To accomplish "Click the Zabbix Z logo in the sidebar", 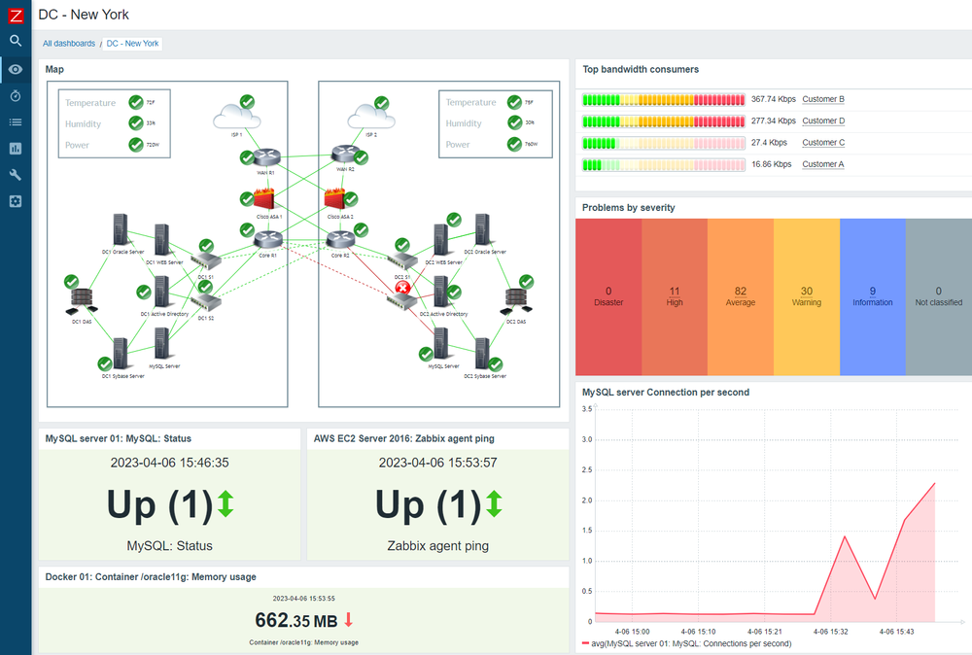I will (16, 15).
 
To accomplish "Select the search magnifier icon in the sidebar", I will (16, 41).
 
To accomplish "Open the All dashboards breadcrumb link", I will (69, 44).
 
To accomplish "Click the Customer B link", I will (822, 99).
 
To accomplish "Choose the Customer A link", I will (822, 164).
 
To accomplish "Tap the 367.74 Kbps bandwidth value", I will (773, 99).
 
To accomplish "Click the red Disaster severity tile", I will (608, 296).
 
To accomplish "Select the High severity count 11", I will (675, 291).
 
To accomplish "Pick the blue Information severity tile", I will (872, 296).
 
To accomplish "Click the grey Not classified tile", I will (938, 296).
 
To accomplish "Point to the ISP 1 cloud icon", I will (235, 118).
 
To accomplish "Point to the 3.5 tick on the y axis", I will (586, 409).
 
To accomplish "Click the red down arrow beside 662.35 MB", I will (349, 620).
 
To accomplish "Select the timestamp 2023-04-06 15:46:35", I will (169, 464).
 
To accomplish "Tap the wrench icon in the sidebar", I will (16, 175).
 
